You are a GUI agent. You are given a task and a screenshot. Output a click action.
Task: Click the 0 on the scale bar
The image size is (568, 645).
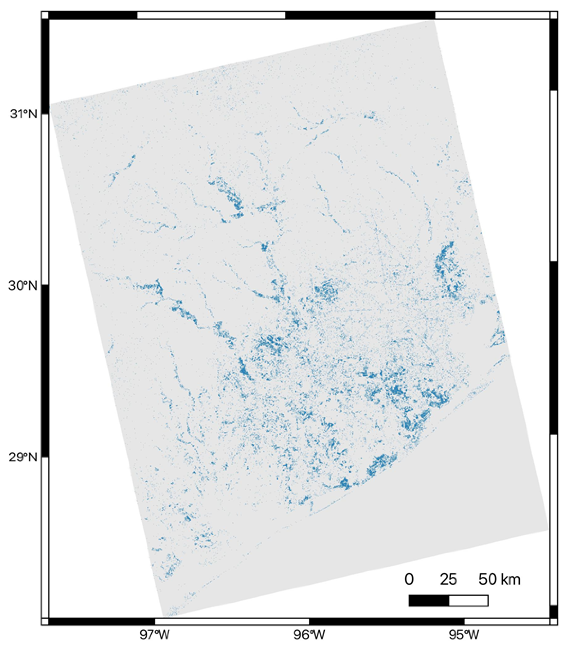409,580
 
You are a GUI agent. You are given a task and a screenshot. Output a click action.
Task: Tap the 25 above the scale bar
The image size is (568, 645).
448,580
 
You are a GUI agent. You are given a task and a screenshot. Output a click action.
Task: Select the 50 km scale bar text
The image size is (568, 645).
499,580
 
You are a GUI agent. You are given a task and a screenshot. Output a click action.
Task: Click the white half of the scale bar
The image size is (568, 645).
468,601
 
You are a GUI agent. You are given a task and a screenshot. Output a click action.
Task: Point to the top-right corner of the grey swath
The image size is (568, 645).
434,21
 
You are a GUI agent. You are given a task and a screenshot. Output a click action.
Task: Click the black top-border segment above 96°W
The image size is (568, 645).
360,15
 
